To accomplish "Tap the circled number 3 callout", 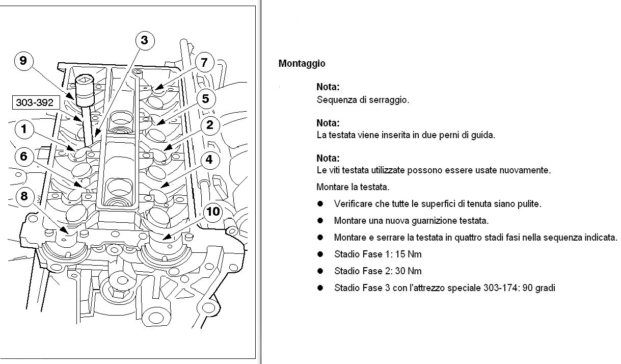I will point(145,40).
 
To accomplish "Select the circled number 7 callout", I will point(204,63).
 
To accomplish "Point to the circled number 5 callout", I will point(205,98).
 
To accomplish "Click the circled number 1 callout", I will point(23,129).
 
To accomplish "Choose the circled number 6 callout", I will point(23,156).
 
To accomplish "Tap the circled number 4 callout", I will point(209,160).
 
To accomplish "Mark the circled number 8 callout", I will point(23,195).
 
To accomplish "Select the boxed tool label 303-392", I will point(35,102).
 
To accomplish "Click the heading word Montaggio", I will point(302,64).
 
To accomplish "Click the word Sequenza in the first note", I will point(334,100).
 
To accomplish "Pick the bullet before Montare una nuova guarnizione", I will point(320,220).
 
